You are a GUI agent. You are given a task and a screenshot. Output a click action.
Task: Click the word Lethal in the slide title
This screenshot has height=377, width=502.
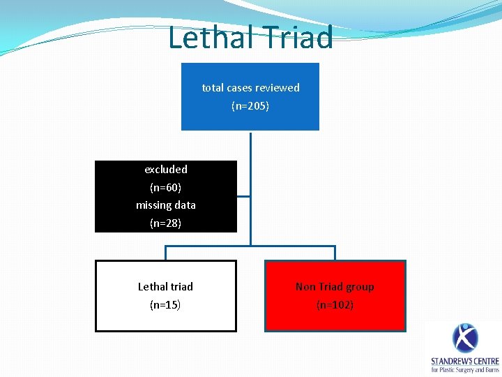(x=209, y=38)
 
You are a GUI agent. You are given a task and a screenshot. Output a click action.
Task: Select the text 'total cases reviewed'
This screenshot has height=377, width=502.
(x=250, y=88)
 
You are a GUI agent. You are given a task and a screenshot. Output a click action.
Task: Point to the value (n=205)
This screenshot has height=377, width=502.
(x=250, y=106)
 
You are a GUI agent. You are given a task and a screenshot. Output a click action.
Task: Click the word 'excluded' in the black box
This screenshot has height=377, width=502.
(x=166, y=170)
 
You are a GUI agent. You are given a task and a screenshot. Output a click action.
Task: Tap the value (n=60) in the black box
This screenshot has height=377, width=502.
(x=166, y=188)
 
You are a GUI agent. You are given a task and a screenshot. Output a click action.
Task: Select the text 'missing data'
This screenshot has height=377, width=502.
(x=166, y=205)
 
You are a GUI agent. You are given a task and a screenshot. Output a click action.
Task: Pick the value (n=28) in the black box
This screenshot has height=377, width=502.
(x=166, y=223)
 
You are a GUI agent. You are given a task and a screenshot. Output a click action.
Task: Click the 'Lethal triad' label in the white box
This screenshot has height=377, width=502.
(x=165, y=287)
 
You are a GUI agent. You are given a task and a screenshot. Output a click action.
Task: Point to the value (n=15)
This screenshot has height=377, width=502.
(x=165, y=305)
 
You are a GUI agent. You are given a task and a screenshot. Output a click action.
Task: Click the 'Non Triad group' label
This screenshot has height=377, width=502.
(x=335, y=287)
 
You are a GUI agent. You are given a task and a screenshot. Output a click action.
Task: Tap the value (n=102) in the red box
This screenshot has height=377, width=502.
(x=335, y=305)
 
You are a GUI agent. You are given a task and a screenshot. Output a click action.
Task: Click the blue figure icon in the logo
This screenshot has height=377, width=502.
(x=465, y=339)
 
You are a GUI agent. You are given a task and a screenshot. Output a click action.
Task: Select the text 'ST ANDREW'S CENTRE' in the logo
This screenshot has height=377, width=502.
(x=465, y=361)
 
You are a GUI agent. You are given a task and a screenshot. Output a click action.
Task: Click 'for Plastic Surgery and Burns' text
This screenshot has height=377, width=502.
(x=465, y=370)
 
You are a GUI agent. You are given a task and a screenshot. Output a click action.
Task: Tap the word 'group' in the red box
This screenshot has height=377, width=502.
(x=359, y=287)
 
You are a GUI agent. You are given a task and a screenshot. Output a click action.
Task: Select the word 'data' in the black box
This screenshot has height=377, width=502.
(x=185, y=205)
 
